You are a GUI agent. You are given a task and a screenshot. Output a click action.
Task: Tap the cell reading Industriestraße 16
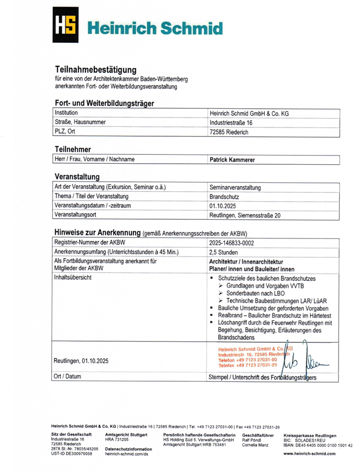click(231, 123)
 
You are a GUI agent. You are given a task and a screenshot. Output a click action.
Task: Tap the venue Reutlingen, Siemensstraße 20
click(245, 215)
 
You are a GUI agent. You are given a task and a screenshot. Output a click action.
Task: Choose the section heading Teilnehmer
click(73, 149)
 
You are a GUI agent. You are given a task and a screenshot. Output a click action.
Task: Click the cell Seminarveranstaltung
click(235, 187)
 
